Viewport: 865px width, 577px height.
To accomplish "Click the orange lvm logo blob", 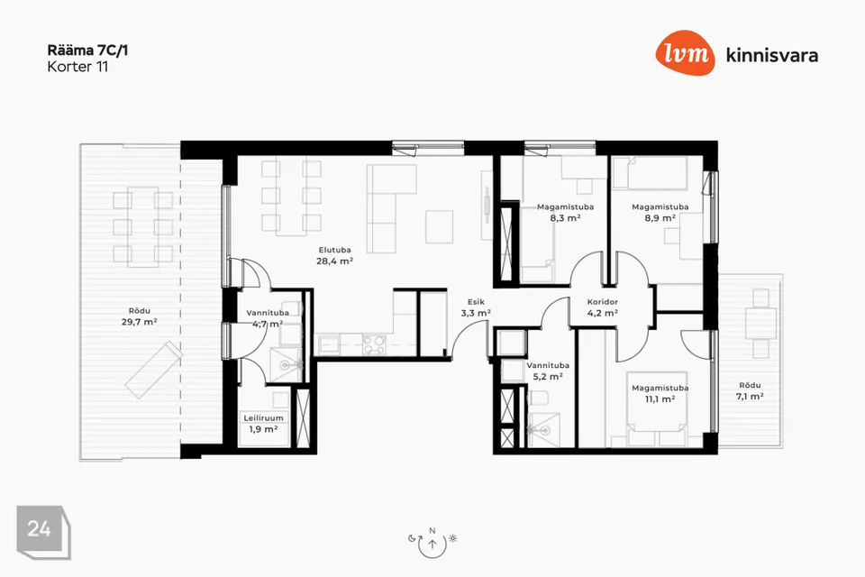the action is tap(685, 52).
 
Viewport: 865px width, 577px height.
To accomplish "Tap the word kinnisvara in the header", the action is tap(772, 55).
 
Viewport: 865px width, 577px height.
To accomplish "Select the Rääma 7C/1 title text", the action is tap(87, 50).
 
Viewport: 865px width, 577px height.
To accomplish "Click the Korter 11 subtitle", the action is tap(77, 67).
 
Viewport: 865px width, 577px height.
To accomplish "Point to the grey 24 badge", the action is tap(43, 532).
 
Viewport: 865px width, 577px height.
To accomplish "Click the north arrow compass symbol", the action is tap(432, 542).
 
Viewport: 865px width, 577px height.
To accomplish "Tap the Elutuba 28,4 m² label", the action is tap(335, 256).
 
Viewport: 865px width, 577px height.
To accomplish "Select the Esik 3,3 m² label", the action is tap(476, 307).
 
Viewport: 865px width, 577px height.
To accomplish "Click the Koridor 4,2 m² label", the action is tap(603, 307).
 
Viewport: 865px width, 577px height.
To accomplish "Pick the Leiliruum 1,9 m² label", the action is tap(264, 424).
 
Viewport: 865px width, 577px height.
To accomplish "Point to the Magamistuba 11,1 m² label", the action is tap(660, 394).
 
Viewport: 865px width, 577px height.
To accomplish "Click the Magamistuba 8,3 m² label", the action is tap(566, 213).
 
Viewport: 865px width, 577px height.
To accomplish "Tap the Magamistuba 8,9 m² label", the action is tap(660, 213).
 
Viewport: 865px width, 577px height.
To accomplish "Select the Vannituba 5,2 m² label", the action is tap(548, 371).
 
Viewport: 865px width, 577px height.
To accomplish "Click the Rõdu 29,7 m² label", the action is tap(140, 316).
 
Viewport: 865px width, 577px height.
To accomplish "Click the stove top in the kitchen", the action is tap(374, 345).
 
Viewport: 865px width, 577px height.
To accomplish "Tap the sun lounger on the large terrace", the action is tap(153, 370).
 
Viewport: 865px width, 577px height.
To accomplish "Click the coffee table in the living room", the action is tap(440, 226).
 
